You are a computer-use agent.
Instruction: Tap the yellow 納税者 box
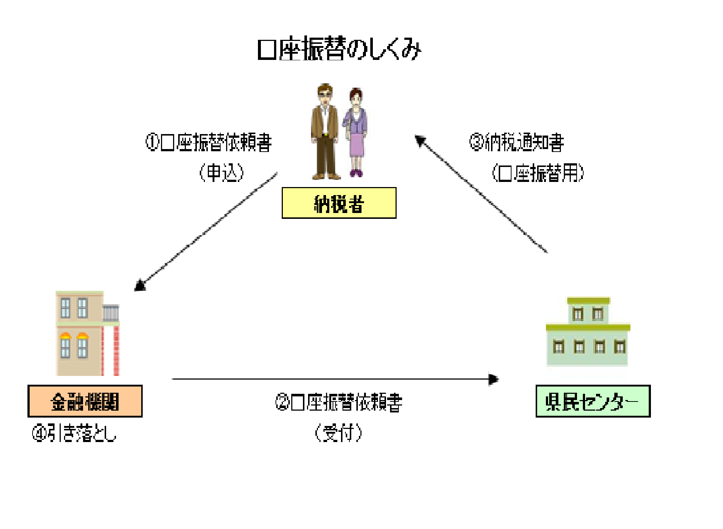(x=339, y=203)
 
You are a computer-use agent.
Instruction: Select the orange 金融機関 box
(x=85, y=401)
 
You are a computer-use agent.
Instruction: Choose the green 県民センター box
(x=593, y=401)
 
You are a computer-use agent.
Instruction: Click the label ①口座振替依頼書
(x=209, y=142)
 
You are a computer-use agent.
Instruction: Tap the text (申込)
(x=221, y=173)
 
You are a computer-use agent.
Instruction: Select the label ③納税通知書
(x=517, y=142)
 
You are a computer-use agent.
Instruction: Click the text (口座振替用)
(x=538, y=173)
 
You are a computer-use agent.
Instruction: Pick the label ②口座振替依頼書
(x=339, y=402)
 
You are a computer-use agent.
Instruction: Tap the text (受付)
(x=338, y=433)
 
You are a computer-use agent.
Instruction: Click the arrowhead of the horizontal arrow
(x=494, y=379)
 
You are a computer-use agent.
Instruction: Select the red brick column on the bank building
(x=116, y=351)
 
